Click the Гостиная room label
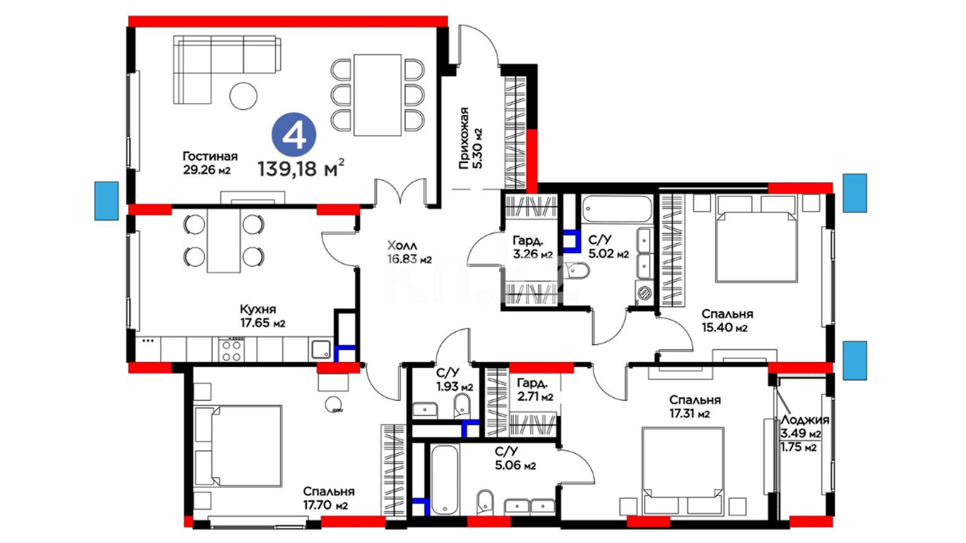tap(210, 156)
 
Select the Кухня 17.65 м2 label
tap(263, 316)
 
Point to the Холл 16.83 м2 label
tap(410, 252)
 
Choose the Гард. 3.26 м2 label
tap(533, 247)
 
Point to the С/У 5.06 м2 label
tap(515, 459)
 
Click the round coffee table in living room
tap(244, 96)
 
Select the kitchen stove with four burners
tap(231, 349)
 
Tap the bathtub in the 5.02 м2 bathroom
tap(617, 209)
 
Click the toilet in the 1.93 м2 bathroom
tap(462, 405)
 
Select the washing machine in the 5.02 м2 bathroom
tap(644, 292)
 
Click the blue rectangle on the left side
tap(107, 201)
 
